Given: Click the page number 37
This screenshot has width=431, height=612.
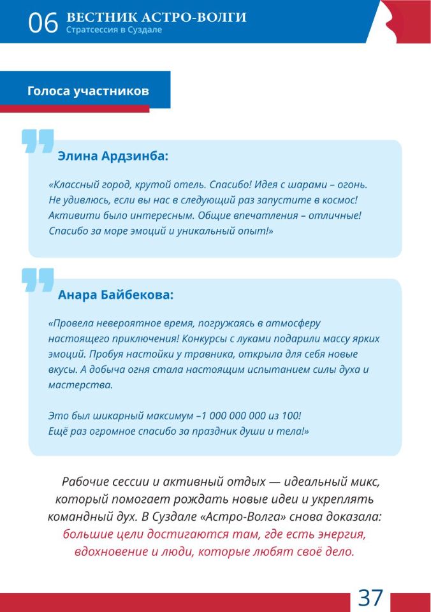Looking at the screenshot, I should (370, 598).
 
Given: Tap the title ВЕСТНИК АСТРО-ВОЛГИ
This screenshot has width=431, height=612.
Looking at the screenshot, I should (156, 17).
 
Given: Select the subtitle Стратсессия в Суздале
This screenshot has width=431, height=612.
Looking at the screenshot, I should (113, 30).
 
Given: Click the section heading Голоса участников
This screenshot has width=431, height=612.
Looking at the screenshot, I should (88, 91).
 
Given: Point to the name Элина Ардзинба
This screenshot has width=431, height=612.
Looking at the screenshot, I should (113, 156).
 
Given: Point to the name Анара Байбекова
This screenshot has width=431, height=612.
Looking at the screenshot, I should (115, 295).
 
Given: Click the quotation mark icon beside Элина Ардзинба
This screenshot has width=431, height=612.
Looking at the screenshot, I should (37, 142).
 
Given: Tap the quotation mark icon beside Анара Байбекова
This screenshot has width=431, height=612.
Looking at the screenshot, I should (37, 280).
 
